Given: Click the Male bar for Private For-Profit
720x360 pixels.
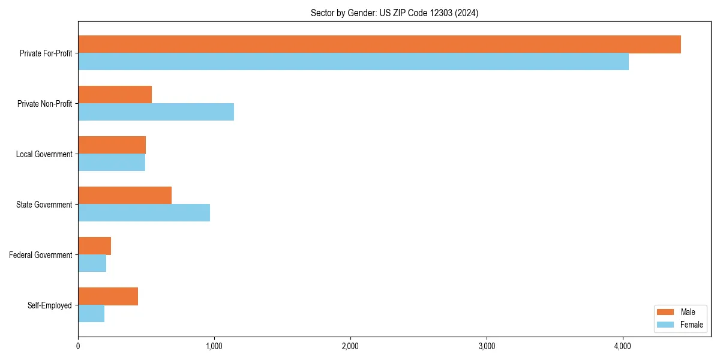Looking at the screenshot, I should tap(379, 44).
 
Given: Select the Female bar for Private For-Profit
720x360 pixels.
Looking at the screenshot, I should tap(353, 62).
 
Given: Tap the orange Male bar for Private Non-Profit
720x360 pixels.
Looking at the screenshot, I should tap(115, 95).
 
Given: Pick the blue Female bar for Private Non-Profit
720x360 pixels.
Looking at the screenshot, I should tap(156, 112).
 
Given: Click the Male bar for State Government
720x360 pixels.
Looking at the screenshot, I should tap(125, 196).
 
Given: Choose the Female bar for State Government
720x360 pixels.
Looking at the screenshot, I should tap(144, 213).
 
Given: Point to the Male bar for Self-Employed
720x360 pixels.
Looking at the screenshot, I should tap(108, 296).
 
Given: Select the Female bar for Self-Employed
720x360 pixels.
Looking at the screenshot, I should tap(91, 314).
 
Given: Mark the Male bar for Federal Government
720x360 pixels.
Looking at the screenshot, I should tap(94, 246).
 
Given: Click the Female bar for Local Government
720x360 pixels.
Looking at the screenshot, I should tap(112, 163).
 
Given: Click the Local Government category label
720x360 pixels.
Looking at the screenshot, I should tap(44, 154).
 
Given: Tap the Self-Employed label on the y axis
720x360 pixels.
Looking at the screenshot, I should tap(49, 305).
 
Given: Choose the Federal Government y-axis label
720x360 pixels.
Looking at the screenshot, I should tap(41, 255).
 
